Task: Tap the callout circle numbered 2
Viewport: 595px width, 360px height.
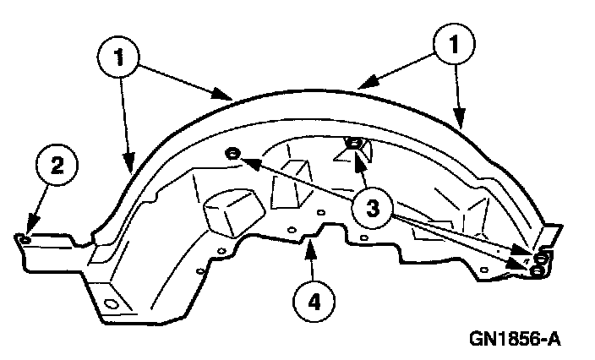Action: click(x=55, y=166)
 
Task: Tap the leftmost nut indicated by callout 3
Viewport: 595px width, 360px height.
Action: click(x=232, y=154)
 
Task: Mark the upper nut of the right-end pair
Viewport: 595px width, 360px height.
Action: click(x=541, y=256)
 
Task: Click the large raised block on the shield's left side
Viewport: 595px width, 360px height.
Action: click(x=232, y=211)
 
